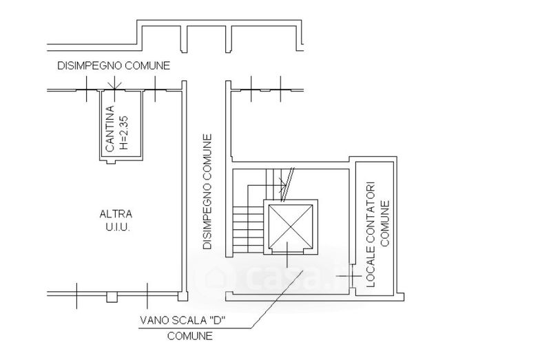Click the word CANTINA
click(x=110, y=129)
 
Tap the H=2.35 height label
click(x=125, y=133)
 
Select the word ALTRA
click(x=116, y=214)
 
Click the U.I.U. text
click(x=118, y=228)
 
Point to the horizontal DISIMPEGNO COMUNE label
click(x=114, y=65)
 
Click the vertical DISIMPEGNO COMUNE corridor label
click(x=208, y=191)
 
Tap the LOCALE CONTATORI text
click(x=371, y=234)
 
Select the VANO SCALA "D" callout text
click(x=183, y=320)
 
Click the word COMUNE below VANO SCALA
click(x=190, y=336)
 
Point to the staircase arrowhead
click(x=282, y=183)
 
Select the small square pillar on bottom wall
click(x=112, y=297)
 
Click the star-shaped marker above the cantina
click(x=114, y=83)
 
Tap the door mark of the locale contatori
click(x=351, y=276)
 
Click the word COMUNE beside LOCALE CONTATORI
click(x=385, y=224)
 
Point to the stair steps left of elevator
click(x=248, y=229)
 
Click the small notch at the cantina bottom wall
click(x=111, y=162)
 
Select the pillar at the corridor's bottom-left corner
click(x=183, y=296)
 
